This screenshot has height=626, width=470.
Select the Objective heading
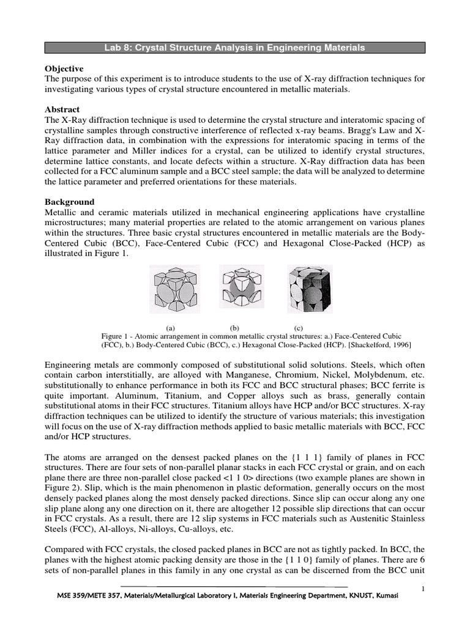pos(64,68)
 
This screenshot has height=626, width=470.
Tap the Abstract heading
pos(62,109)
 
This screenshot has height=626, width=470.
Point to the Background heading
pos(70,202)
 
